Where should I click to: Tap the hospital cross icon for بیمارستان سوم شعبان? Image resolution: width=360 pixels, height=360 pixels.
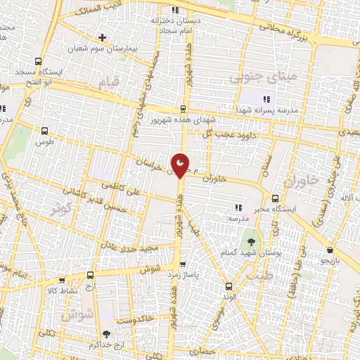103,37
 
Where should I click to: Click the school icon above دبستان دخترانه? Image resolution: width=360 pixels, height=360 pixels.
175,10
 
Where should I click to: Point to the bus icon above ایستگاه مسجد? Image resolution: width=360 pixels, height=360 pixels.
38,60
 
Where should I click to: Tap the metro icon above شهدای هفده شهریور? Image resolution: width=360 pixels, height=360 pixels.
183,109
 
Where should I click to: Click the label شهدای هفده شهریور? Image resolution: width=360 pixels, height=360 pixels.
169,121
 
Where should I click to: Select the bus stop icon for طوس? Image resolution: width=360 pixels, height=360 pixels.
45,131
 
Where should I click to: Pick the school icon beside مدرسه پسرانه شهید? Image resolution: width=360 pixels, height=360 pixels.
266,98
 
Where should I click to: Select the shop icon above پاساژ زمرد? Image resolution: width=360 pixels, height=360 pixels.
184,264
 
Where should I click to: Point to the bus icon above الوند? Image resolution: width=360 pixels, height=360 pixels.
229,285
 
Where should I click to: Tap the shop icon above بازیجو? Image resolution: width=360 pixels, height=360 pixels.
330,250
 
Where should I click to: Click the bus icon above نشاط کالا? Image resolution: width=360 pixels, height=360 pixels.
90,275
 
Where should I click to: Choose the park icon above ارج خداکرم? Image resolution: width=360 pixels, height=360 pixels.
106,335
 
